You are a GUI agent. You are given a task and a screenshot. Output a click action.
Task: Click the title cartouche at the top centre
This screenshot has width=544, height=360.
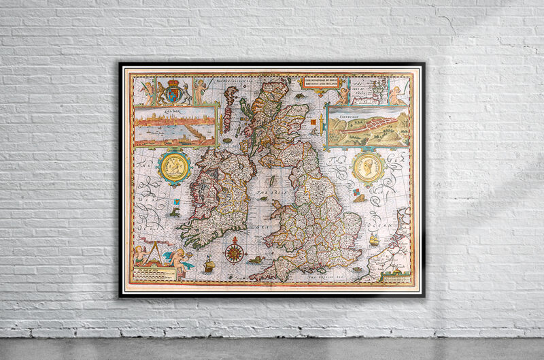click(320, 83)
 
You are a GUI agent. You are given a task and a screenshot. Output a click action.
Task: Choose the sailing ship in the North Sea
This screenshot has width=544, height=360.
click(374, 240)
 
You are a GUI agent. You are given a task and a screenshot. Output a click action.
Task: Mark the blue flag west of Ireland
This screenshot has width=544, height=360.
click(176, 201)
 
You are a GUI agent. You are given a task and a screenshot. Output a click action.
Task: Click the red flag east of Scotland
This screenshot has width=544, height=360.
click(313, 123)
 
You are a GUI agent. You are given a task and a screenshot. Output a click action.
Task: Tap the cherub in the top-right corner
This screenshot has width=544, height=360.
click(398, 94)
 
